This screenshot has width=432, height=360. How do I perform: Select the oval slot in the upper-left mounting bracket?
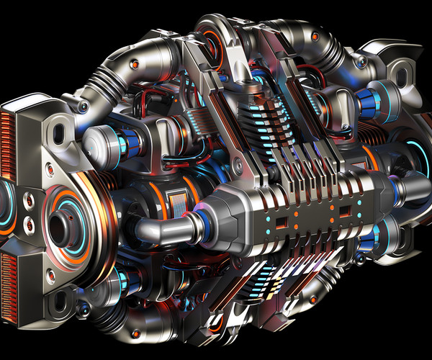click(x=60, y=130)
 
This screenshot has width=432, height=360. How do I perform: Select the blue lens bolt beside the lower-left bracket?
click(x=84, y=310)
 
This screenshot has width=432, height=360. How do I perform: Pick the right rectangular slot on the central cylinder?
click(x=345, y=211)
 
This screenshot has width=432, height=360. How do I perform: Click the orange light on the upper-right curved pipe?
click(x=314, y=35)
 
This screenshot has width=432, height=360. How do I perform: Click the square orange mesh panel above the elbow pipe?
click(x=175, y=202)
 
